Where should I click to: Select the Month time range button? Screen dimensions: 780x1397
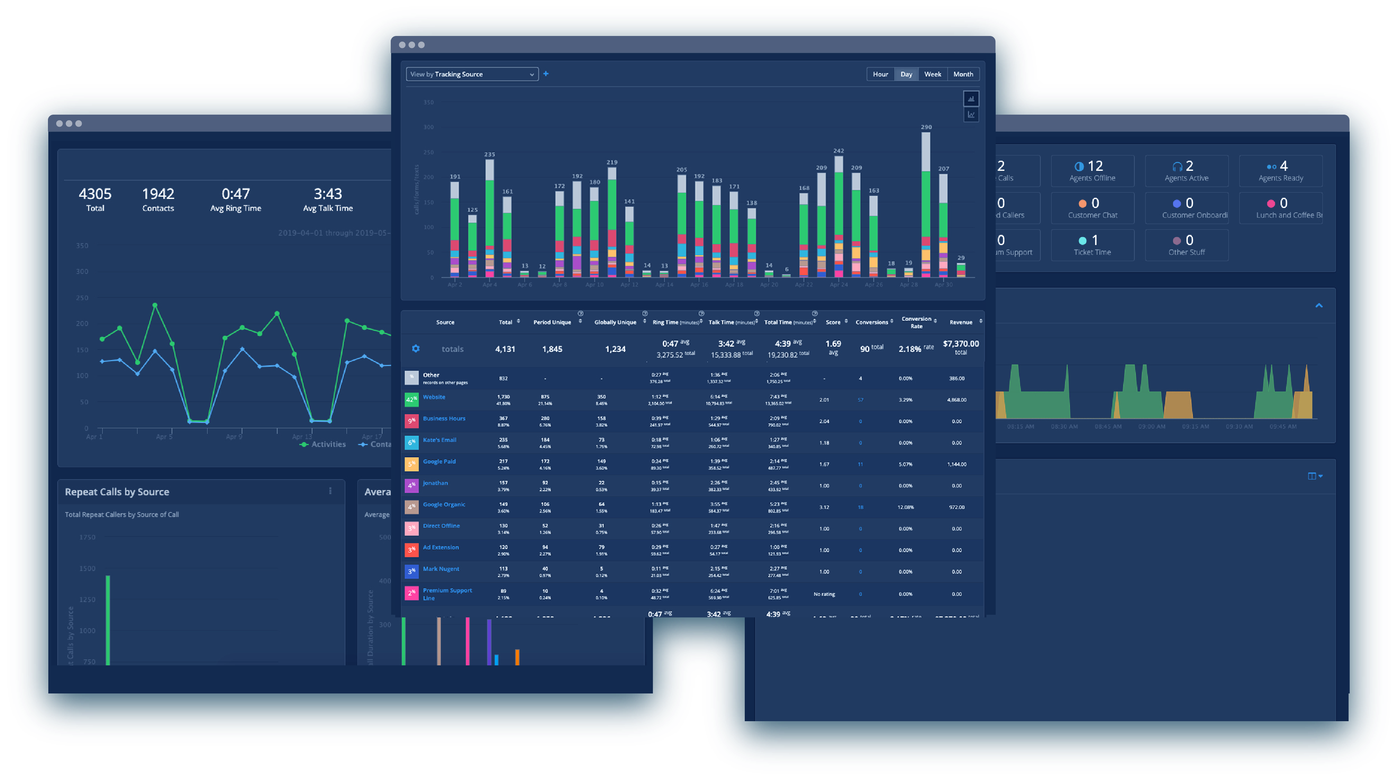963,74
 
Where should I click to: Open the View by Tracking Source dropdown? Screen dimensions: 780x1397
472,74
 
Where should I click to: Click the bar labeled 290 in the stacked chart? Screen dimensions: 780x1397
926,206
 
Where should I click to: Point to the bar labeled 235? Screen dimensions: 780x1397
490,217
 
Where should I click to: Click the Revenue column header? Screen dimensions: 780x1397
961,322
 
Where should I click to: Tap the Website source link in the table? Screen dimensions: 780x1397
434,397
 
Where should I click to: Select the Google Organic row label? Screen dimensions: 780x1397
444,504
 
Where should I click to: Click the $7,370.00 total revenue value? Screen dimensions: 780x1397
961,344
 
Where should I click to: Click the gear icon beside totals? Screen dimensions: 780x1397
415,349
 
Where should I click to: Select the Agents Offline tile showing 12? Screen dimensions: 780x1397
1092,171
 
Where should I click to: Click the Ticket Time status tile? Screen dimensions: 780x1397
1092,245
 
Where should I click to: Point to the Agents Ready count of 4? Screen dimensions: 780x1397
1283,166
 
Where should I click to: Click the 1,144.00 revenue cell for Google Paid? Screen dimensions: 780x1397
957,464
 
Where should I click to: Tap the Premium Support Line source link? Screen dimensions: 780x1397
447,594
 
